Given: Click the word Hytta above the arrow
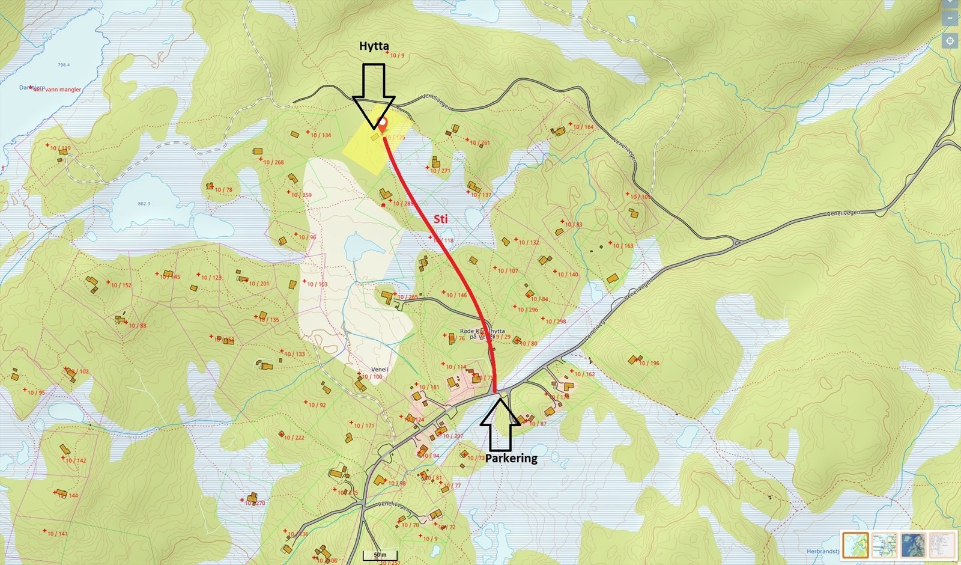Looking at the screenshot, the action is pyautogui.click(x=374, y=46).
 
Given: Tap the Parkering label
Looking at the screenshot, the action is pyautogui.click(x=511, y=458).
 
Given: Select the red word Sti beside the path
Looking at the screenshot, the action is pyautogui.click(x=440, y=219).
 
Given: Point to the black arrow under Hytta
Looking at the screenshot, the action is pyautogui.click(x=373, y=96).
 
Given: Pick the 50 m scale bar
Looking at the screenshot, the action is pyautogui.click(x=380, y=555).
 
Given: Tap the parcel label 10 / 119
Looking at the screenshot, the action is pyautogui.click(x=60, y=148).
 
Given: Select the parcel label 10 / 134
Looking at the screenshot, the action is pyautogui.click(x=321, y=135).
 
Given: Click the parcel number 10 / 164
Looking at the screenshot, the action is pyautogui.click(x=583, y=127).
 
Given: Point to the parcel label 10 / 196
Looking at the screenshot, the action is pyautogui.click(x=649, y=363).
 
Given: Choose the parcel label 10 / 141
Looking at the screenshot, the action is pyautogui.click(x=58, y=534).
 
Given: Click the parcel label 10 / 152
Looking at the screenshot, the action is pyautogui.click(x=121, y=285).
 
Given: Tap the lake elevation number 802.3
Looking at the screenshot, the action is pyautogui.click(x=144, y=204).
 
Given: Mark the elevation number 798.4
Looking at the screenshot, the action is pyautogui.click(x=64, y=65).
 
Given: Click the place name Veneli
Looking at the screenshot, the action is pyautogui.click(x=380, y=370).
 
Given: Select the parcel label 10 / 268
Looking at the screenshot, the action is pyautogui.click(x=273, y=162).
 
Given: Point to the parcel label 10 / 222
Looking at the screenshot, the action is pyautogui.click(x=294, y=438).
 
